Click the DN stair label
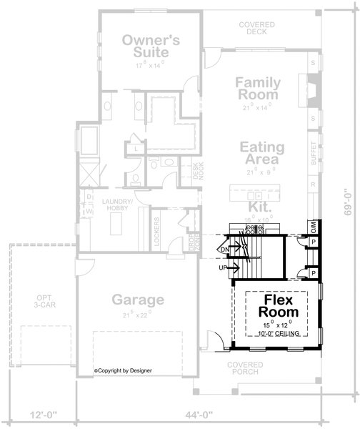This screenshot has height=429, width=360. point(224,249)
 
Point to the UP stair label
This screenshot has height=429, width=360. point(224,267)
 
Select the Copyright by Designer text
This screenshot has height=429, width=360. point(128,370)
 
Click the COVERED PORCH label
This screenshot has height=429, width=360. point(246,368)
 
